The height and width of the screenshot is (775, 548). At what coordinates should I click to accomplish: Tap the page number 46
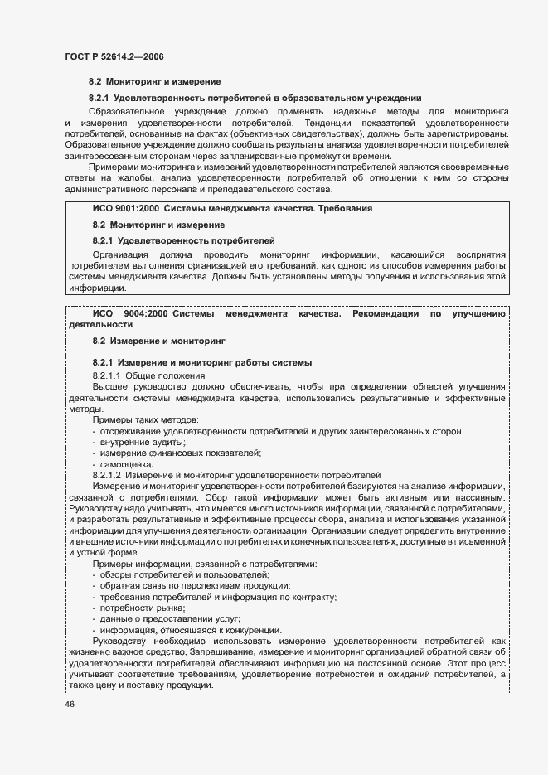point(70,704)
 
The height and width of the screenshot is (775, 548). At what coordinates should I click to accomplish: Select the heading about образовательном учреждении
point(256,98)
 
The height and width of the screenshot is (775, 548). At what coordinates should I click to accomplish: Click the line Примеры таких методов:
point(145,419)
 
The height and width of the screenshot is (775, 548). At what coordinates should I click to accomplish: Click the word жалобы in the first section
point(138,176)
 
